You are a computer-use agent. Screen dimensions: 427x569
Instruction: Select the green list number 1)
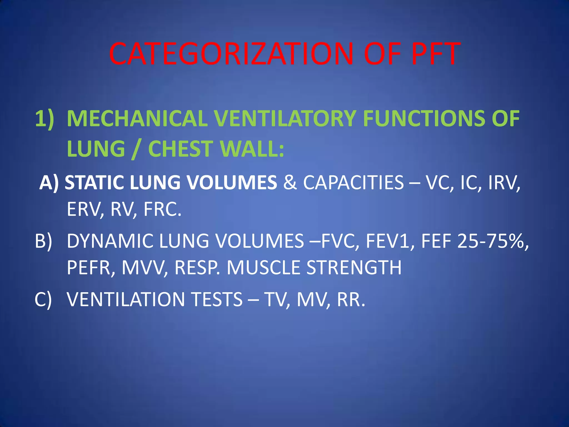tap(44, 119)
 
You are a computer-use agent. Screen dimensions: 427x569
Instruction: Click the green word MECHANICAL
tap(137, 119)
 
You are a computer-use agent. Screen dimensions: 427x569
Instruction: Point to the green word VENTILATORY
tap(285, 119)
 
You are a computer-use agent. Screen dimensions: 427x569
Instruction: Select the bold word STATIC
tap(95, 183)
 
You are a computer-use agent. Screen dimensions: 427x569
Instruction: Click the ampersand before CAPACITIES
tap(290, 183)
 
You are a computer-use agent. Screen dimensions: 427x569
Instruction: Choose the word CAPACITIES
tap(353, 183)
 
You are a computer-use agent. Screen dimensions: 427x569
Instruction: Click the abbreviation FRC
tap(163, 209)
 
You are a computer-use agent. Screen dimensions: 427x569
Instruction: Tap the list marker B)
tap(43, 241)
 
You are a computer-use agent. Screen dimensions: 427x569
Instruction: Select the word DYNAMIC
tap(110, 241)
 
